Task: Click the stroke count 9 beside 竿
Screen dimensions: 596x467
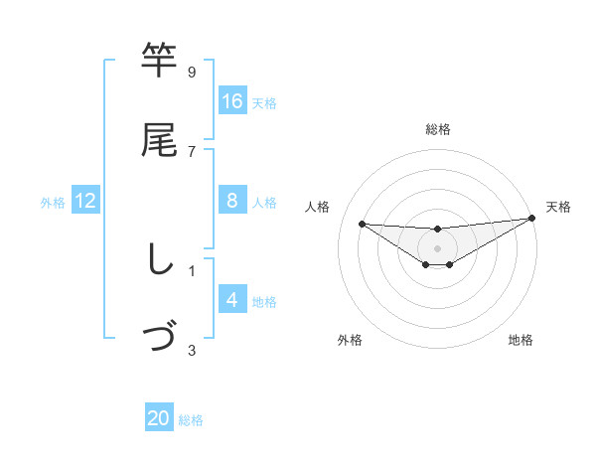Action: (192, 72)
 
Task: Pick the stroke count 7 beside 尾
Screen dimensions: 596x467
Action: (192, 151)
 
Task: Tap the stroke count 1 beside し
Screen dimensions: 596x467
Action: (192, 269)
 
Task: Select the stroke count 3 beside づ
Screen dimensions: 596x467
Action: (192, 349)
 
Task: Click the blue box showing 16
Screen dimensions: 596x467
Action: (232, 101)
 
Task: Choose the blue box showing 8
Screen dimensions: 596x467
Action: (232, 201)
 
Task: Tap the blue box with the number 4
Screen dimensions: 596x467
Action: (232, 300)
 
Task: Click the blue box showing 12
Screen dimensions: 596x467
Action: (85, 201)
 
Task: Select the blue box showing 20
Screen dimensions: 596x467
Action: (159, 419)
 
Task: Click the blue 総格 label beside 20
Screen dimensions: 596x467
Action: (191, 420)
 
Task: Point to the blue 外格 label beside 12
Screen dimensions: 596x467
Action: (53, 202)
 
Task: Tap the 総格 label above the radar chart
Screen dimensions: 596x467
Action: (437, 129)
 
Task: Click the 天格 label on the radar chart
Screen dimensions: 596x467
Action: (558, 207)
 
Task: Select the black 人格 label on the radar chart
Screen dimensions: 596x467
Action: (318, 207)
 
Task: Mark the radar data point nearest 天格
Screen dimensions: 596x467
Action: (531, 219)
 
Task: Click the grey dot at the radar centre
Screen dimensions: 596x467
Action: (437, 248)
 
